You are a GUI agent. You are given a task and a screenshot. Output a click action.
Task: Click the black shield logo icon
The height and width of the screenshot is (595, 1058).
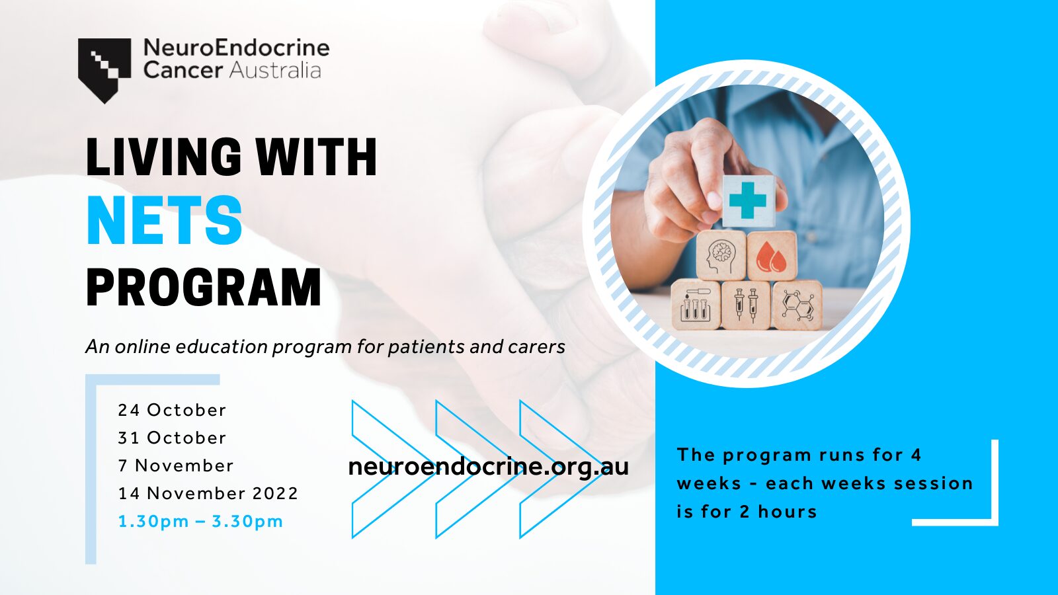click(x=104, y=70)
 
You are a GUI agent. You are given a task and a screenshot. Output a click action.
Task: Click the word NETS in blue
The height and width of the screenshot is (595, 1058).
click(x=165, y=221)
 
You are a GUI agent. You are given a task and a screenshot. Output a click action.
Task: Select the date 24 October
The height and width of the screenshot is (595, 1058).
click(x=172, y=410)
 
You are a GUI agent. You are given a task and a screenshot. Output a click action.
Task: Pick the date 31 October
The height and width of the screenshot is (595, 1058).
click(x=172, y=438)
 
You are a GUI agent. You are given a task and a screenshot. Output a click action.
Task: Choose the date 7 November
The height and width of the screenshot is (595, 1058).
click(x=176, y=465)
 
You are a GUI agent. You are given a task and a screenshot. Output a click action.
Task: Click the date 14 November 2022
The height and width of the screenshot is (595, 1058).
click(x=208, y=493)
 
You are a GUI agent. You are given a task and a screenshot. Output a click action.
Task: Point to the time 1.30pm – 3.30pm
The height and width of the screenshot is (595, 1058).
click(x=200, y=522)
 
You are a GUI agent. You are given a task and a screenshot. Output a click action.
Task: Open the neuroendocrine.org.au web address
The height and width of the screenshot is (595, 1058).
click(x=489, y=467)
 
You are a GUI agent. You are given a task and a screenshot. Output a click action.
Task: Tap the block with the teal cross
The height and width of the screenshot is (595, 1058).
click(x=748, y=201)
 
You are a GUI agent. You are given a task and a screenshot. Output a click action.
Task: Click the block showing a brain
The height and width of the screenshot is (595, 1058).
click(x=721, y=255)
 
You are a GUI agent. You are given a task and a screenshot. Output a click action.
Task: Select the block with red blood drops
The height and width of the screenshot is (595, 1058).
click(x=772, y=256)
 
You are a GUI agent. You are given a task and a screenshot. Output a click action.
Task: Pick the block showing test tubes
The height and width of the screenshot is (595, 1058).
click(x=696, y=305)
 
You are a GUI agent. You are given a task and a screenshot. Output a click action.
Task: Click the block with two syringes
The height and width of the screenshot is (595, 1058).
click(x=747, y=305)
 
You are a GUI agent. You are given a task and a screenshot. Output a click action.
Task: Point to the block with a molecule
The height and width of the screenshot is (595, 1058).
click(x=797, y=305)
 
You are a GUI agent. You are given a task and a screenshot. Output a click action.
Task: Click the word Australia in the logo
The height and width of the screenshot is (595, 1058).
click(x=275, y=70)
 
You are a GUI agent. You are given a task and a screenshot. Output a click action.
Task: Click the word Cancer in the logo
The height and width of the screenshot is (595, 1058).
click(x=183, y=70)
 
